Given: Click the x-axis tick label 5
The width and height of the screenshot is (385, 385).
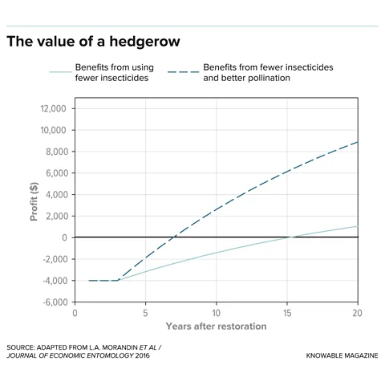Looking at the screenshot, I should tap(145, 314).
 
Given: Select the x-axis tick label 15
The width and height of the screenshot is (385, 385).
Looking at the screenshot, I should tap(286, 314).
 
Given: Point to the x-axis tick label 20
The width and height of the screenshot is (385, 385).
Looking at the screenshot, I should tap(357, 314).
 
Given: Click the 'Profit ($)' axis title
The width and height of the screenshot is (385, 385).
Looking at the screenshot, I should tap(34, 205).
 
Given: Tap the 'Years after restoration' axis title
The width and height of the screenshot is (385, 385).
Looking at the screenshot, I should tap(216, 326).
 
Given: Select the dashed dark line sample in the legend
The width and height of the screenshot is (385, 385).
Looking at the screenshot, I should tap(182, 72).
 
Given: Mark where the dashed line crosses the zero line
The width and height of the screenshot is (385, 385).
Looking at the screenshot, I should tap(175, 237).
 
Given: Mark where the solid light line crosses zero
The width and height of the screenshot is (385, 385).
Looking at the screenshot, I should tap(289, 237).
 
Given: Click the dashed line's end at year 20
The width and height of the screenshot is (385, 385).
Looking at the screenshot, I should tap(357, 142).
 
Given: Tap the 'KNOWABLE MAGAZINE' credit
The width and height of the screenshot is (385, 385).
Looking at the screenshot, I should tap(342, 355).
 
